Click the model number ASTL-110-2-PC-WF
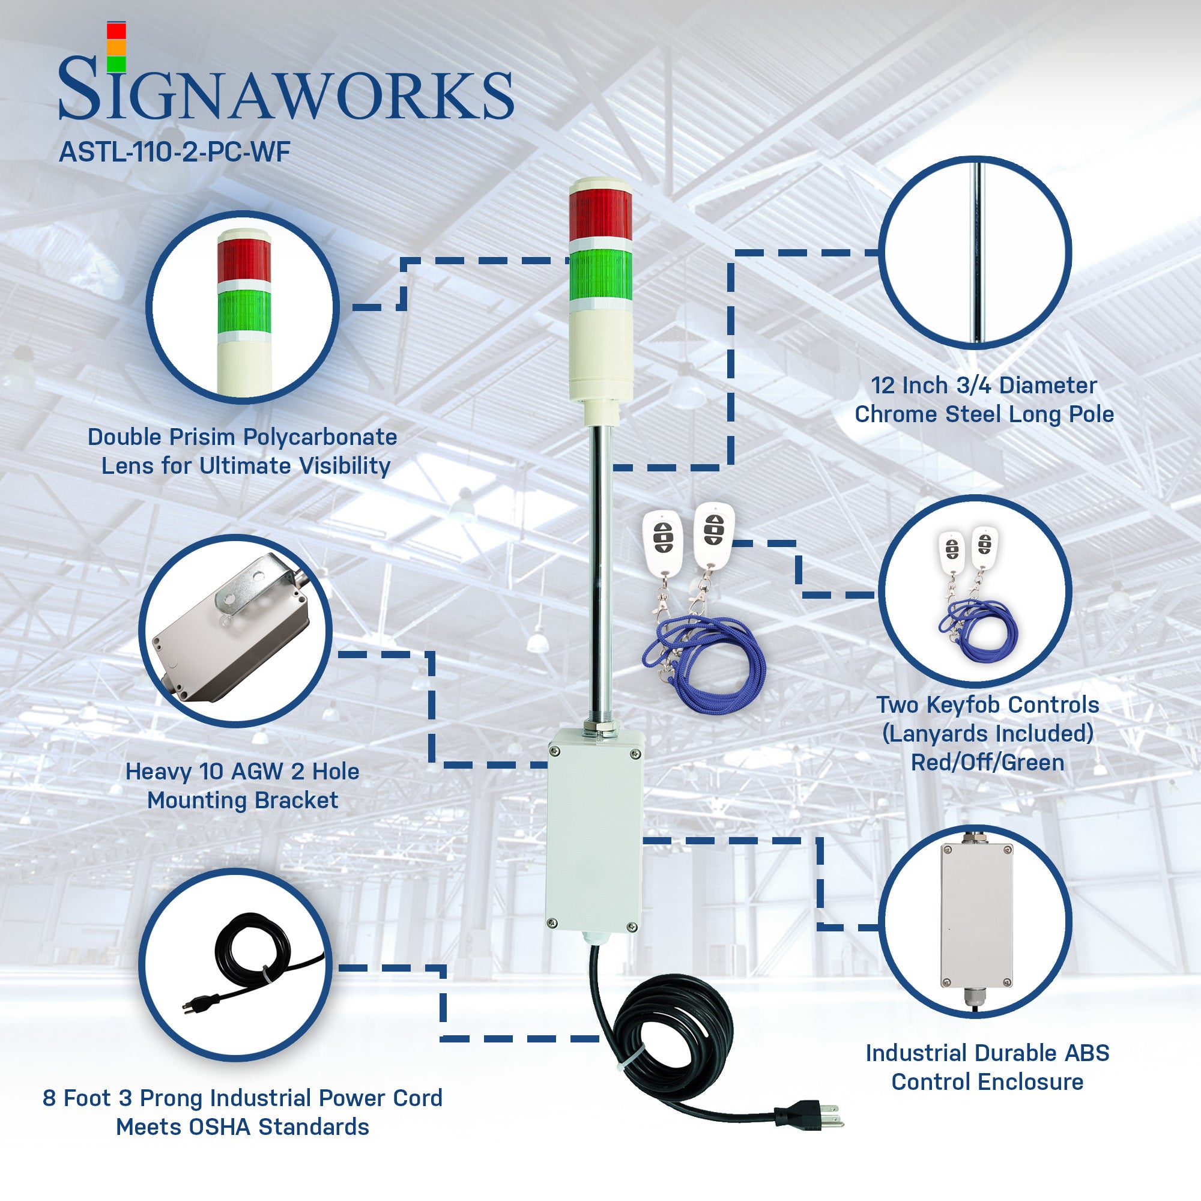click(174, 152)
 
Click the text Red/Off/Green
click(987, 762)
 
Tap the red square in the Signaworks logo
click(116, 31)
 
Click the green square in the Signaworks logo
click(116, 64)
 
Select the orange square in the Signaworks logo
click(116, 48)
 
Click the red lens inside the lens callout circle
click(244, 260)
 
